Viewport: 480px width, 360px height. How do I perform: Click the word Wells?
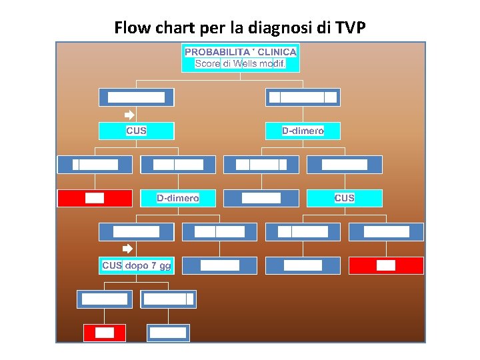tap(247, 64)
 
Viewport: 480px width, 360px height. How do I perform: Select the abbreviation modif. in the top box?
tap(274, 64)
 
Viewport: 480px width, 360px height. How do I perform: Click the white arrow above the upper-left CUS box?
tap(131, 115)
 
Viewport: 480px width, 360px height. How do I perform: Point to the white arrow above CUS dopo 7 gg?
tap(131, 249)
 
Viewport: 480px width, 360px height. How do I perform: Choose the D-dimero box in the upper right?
tap(303, 131)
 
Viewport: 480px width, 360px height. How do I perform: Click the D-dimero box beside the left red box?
tap(178, 198)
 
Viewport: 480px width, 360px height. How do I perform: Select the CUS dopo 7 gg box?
tap(137, 265)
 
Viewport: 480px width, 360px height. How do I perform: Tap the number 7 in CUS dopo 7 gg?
tap(154, 265)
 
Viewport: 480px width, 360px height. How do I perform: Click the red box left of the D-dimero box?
tap(95, 198)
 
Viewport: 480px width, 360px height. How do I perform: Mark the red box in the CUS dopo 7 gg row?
tap(386, 265)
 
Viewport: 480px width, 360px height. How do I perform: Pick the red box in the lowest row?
tap(105, 333)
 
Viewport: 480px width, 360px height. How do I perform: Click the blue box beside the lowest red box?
tap(168, 333)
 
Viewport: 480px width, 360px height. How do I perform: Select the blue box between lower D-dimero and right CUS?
tap(261, 198)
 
